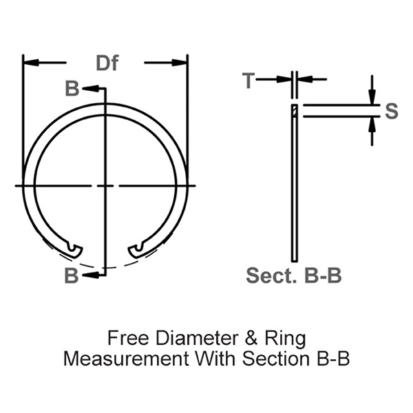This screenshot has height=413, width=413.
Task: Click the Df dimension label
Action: pyautogui.click(x=107, y=64)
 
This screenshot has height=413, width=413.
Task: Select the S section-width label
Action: pyautogui.click(x=391, y=112)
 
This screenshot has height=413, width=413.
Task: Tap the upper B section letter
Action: pyautogui.click(x=72, y=89)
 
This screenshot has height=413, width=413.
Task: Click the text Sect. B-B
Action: pyautogui.click(x=295, y=276)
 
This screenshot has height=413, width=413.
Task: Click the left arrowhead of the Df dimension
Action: pyautogui.click(x=29, y=63)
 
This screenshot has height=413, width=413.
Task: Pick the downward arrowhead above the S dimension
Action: pyautogui.click(x=372, y=99)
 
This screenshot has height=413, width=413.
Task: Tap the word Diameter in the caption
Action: pyautogui.click(x=185, y=339)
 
